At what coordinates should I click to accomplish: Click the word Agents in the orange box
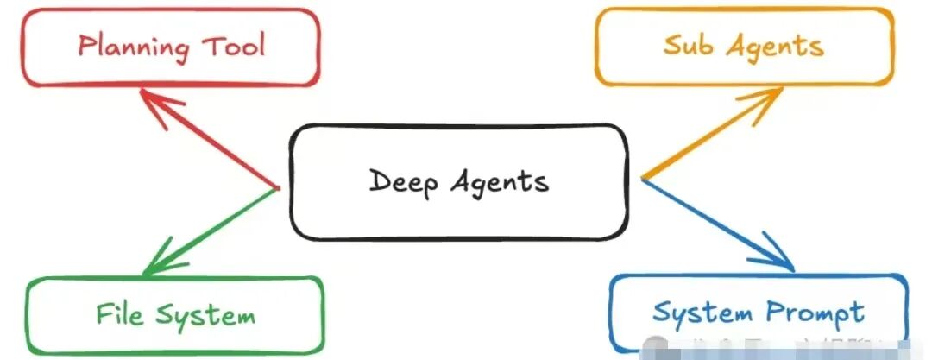(x=774, y=47)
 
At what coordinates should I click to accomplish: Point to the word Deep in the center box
(x=400, y=182)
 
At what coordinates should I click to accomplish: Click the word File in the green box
(x=119, y=313)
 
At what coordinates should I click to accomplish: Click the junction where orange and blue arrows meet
(x=644, y=179)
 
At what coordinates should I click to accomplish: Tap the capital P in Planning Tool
(x=85, y=46)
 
